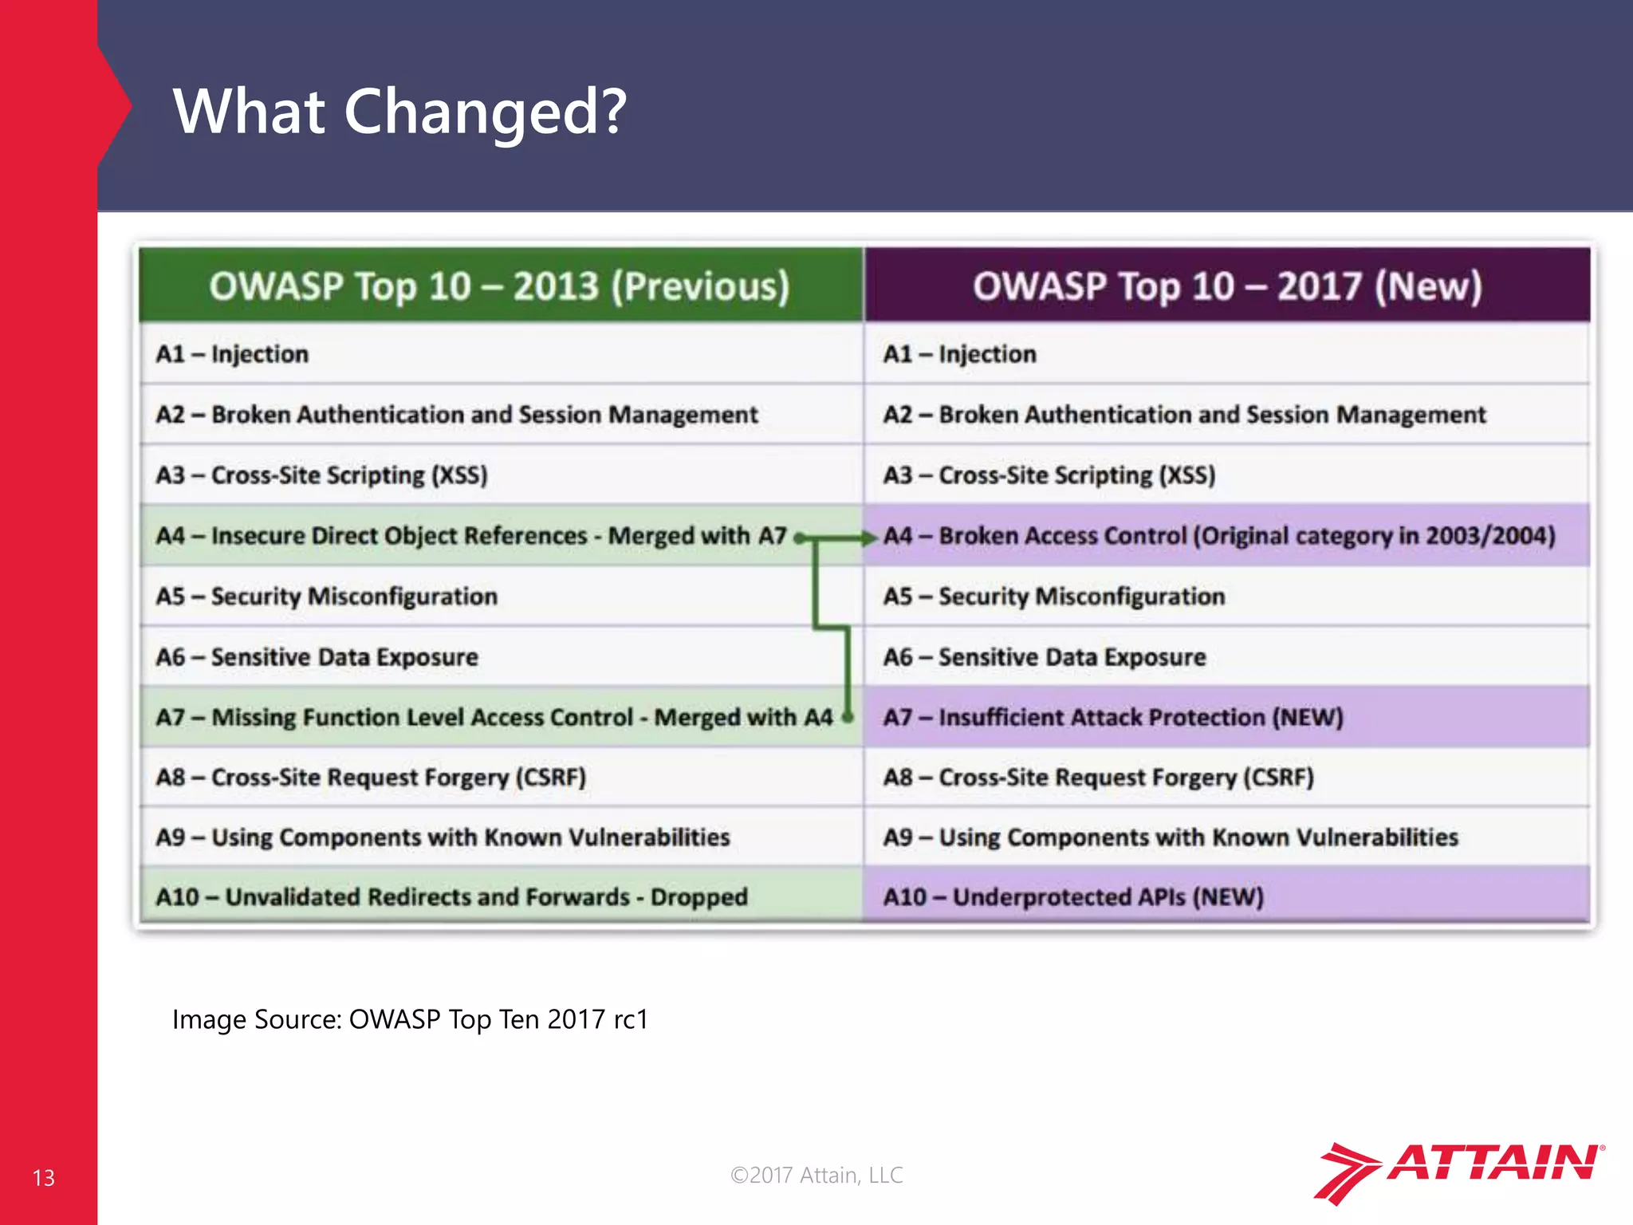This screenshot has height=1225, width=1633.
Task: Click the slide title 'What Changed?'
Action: (x=399, y=111)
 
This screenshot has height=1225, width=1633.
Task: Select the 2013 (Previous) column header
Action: (x=500, y=286)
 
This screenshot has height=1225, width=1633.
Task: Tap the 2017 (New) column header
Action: (x=1226, y=286)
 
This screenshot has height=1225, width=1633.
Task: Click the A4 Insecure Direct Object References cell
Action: (x=470, y=536)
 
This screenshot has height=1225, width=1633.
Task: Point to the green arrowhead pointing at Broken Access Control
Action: (x=869, y=538)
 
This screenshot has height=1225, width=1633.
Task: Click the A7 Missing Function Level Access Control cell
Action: (x=494, y=717)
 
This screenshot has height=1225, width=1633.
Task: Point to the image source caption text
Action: (x=410, y=1019)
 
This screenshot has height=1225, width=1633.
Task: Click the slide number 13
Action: (x=44, y=1178)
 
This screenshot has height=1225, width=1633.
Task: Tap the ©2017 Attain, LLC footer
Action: (x=816, y=1175)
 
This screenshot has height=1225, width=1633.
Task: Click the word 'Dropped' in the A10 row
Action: (x=698, y=897)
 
